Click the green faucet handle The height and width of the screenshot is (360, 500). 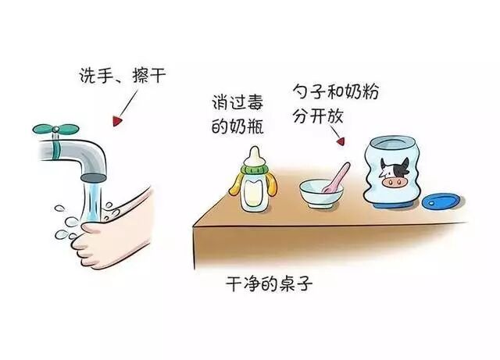pyautogui.click(x=55, y=129)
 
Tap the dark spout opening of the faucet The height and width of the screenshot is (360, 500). pyautogui.click(x=92, y=177)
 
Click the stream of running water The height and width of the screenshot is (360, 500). pyautogui.click(x=92, y=201)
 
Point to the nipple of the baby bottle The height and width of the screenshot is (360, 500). pyautogui.click(x=255, y=156)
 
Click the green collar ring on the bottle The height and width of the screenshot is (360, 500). pyautogui.click(x=255, y=169)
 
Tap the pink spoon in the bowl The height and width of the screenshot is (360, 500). pyautogui.click(x=336, y=178)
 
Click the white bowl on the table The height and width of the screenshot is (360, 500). pyautogui.click(x=321, y=194)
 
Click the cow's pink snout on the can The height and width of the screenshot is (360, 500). pyautogui.click(x=395, y=183)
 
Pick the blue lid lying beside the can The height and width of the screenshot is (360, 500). pyautogui.click(x=441, y=201)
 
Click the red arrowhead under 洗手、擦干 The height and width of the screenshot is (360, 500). pyautogui.click(x=117, y=121)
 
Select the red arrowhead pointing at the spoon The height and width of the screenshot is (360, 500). pyautogui.click(x=341, y=141)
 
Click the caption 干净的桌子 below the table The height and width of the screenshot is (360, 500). pyautogui.click(x=269, y=283)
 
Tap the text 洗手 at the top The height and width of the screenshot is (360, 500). pyautogui.click(x=94, y=76)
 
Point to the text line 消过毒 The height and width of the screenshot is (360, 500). pyautogui.click(x=237, y=102)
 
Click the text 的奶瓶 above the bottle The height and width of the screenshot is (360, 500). pyautogui.click(x=237, y=127)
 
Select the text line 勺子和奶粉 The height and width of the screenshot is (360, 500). pyautogui.click(x=335, y=92)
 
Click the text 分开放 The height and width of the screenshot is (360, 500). pyautogui.click(x=318, y=116)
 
